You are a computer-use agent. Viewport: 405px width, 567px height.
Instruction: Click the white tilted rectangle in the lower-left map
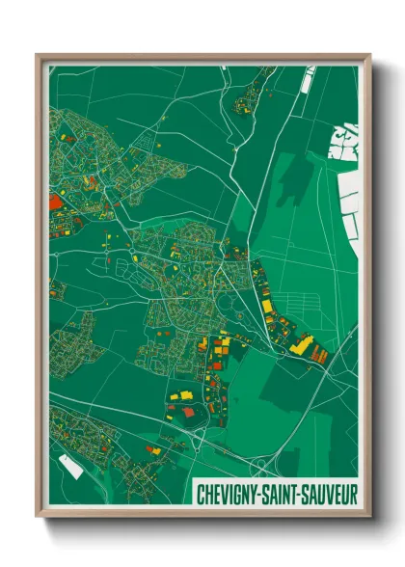coord(68,466)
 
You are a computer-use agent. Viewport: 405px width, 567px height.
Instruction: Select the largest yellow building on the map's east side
coord(301,344)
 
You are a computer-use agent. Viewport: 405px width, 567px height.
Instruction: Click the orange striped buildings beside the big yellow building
coord(319,355)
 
